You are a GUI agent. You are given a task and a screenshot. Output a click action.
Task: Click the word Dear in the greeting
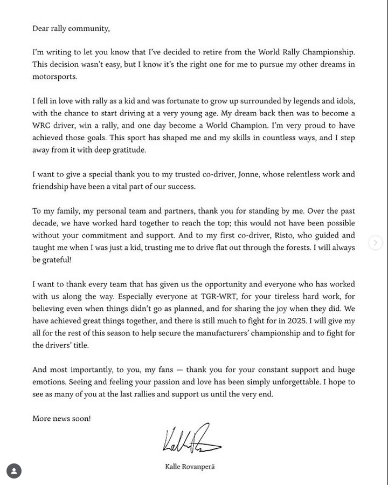(x=40, y=29)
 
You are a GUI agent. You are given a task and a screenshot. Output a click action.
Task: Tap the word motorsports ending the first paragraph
(x=54, y=77)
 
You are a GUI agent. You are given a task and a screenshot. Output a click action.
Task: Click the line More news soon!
(x=61, y=419)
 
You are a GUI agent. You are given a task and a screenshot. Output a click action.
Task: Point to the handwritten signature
(x=191, y=439)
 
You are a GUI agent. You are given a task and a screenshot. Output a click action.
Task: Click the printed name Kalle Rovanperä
(x=190, y=467)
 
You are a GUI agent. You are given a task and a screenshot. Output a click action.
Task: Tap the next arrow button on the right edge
(x=376, y=243)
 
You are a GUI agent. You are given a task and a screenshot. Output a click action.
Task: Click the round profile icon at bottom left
(x=14, y=471)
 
